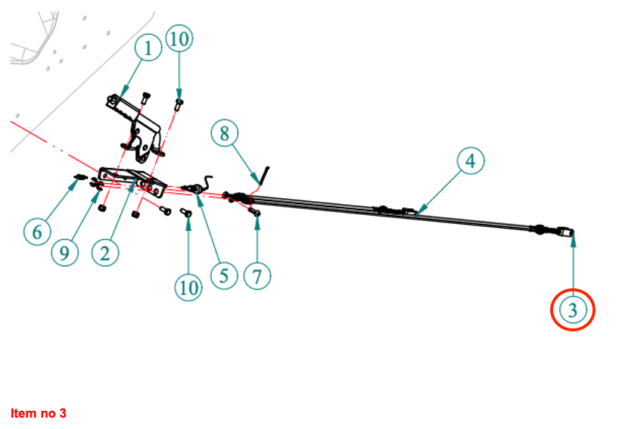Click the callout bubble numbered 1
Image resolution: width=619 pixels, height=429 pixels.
[148, 49]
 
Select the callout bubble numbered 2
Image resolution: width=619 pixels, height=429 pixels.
[105, 253]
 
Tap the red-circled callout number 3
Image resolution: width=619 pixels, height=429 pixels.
[573, 309]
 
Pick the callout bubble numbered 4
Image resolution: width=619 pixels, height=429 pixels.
[470, 160]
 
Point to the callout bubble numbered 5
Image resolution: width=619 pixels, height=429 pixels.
[223, 275]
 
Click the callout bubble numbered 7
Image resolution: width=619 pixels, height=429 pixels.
[257, 276]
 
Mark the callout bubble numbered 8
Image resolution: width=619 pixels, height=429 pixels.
[224, 134]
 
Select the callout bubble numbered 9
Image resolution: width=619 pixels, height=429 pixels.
[65, 253]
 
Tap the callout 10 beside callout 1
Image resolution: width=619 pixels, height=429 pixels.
[179, 40]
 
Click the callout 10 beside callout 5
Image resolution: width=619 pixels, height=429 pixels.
[188, 287]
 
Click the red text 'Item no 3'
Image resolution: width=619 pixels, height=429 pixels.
[39, 413]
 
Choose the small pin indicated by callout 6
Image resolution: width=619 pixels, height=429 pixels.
[78, 178]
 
